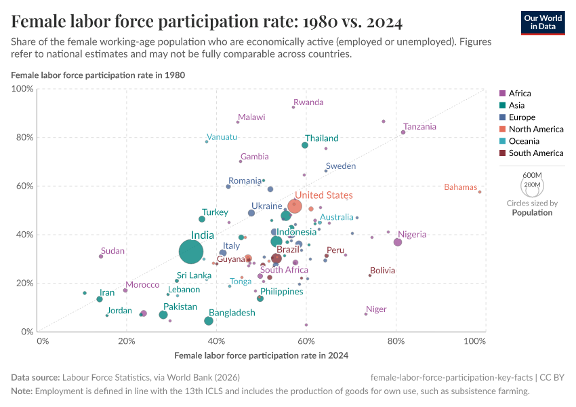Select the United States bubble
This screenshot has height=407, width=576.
(x=295, y=206)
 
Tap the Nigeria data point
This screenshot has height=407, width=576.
(x=398, y=242)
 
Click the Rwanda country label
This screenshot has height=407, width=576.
(x=308, y=102)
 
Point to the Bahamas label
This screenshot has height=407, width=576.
(x=460, y=187)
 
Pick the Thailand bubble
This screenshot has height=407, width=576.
(x=305, y=145)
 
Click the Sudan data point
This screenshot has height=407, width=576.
(x=101, y=256)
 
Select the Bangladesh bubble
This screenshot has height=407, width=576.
(x=209, y=321)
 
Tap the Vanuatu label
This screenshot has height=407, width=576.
(x=222, y=137)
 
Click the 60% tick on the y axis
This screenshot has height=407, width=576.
(x=24, y=186)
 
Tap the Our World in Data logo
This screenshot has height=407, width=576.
(x=543, y=22)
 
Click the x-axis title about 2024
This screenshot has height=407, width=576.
(x=261, y=355)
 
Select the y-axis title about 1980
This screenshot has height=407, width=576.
(x=98, y=75)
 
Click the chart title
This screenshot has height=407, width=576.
(x=207, y=22)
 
